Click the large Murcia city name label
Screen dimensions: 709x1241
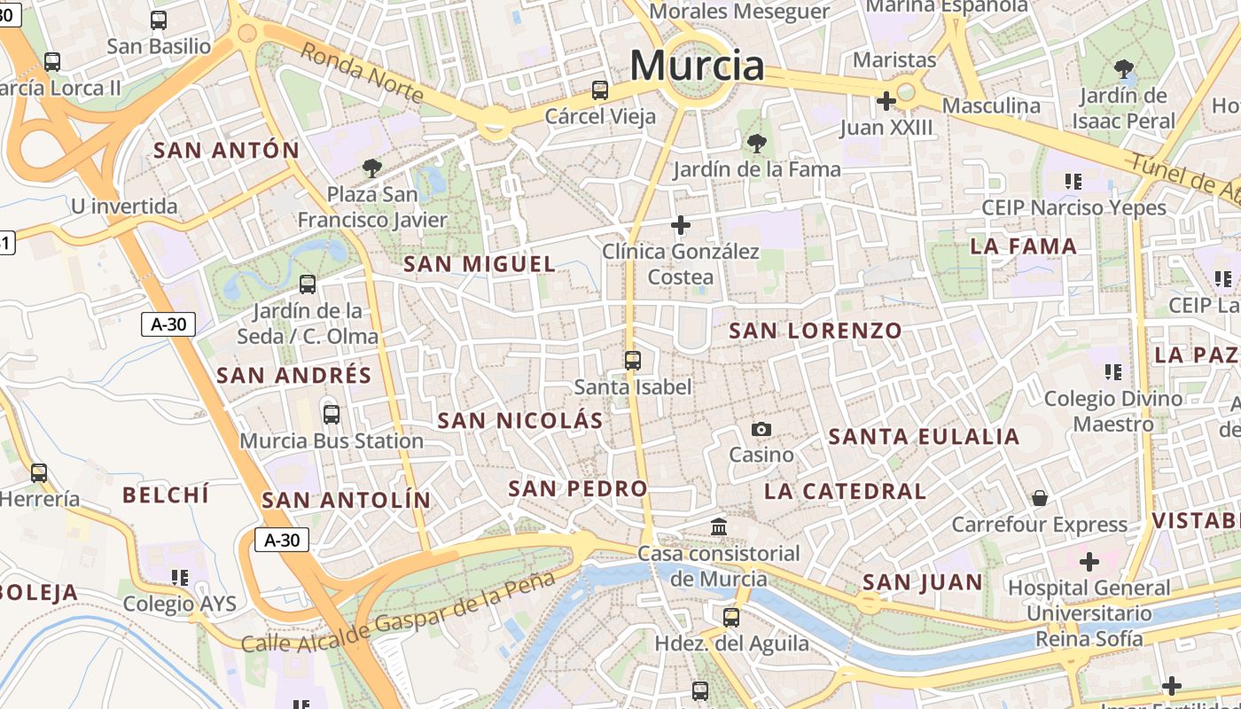(697, 66)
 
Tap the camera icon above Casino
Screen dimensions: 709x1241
(761, 430)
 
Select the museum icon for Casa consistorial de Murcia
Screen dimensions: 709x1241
(719, 527)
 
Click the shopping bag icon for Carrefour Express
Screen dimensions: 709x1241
(1039, 498)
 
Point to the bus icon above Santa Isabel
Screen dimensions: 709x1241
(632, 360)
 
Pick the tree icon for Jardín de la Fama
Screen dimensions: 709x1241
(756, 143)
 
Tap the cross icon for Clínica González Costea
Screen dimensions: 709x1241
(680, 225)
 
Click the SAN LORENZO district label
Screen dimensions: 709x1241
(815, 331)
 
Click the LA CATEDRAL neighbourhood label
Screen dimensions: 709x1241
(845, 491)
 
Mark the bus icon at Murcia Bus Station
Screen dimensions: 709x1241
(332, 414)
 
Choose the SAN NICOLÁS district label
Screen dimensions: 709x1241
(520, 420)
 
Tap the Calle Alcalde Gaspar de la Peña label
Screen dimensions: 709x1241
(398, 612)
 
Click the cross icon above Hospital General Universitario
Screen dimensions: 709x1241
(1089, 561)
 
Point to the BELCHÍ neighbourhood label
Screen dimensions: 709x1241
(166, 495)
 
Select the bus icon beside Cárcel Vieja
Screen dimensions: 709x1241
(600, 90)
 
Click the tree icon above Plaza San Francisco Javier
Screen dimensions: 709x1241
(371, 168)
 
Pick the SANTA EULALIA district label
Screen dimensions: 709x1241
(924, 436)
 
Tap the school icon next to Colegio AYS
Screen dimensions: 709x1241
(180, 578)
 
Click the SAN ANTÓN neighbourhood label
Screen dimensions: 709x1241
(227, 150)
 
